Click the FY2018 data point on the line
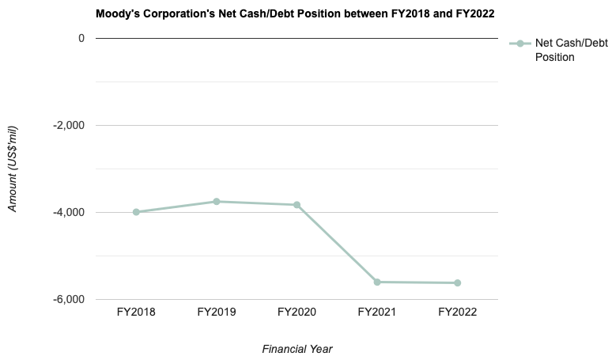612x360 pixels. (136, 212)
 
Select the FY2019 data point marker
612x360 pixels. (216, 202)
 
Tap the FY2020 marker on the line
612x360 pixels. (297, 205)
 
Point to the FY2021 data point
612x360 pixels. (377, 282)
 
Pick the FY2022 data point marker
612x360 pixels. (457, 282)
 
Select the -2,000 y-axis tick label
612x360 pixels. (69, 125)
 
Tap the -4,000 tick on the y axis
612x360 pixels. (69, 212)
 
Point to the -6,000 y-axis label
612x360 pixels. (69, 299)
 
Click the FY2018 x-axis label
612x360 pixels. (136, 313)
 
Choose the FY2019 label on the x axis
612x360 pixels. (216, 313)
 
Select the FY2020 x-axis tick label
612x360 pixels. (297, 313)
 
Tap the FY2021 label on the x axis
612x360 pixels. (377, 313)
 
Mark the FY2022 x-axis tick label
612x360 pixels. (457, 313)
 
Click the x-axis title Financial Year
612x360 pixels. (297, 348)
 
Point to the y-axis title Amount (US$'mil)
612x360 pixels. (13, 169)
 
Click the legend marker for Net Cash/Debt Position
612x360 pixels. (519, 44)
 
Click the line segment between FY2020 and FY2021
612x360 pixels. (337, 244)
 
